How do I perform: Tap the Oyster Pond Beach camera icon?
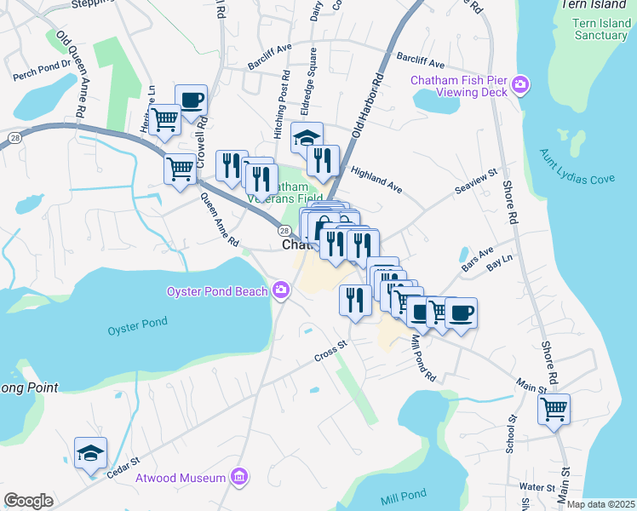coord(281,292)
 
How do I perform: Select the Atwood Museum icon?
coord(239,478)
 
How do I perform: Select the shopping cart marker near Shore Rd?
coord(554,409)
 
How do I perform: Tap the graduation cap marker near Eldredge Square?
coord(307,137)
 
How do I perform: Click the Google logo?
coord(28,501)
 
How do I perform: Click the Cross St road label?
coord(331,350)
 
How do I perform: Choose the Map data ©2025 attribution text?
coord(600,504)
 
